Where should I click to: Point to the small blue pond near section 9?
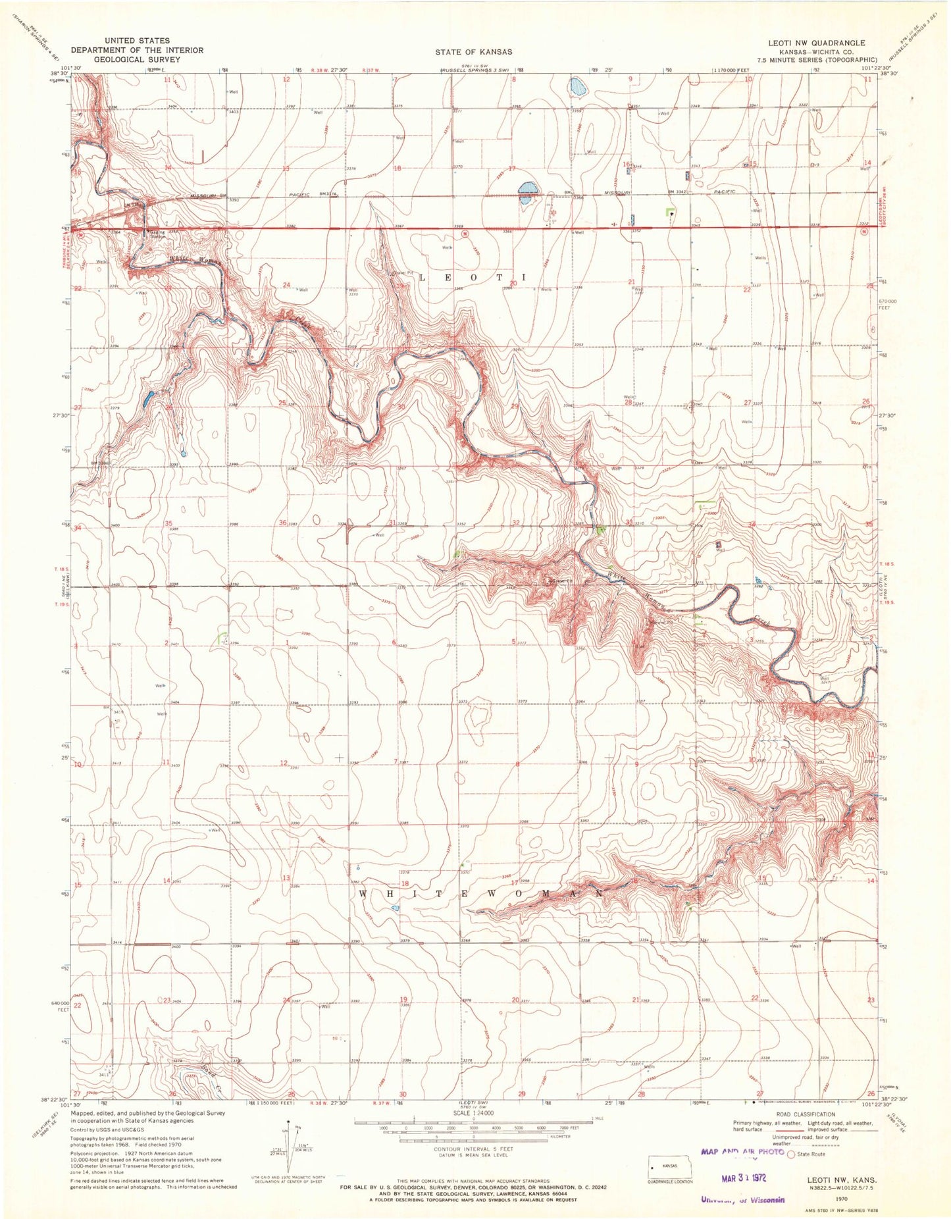[x=577, y=86]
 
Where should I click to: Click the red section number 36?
[x=282, y=523]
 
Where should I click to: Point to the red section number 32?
[x=515, y=523]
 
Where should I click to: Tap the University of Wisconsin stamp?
[x=742, y=1199]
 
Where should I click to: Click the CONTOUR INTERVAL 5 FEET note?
[x=474, y=1149]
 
